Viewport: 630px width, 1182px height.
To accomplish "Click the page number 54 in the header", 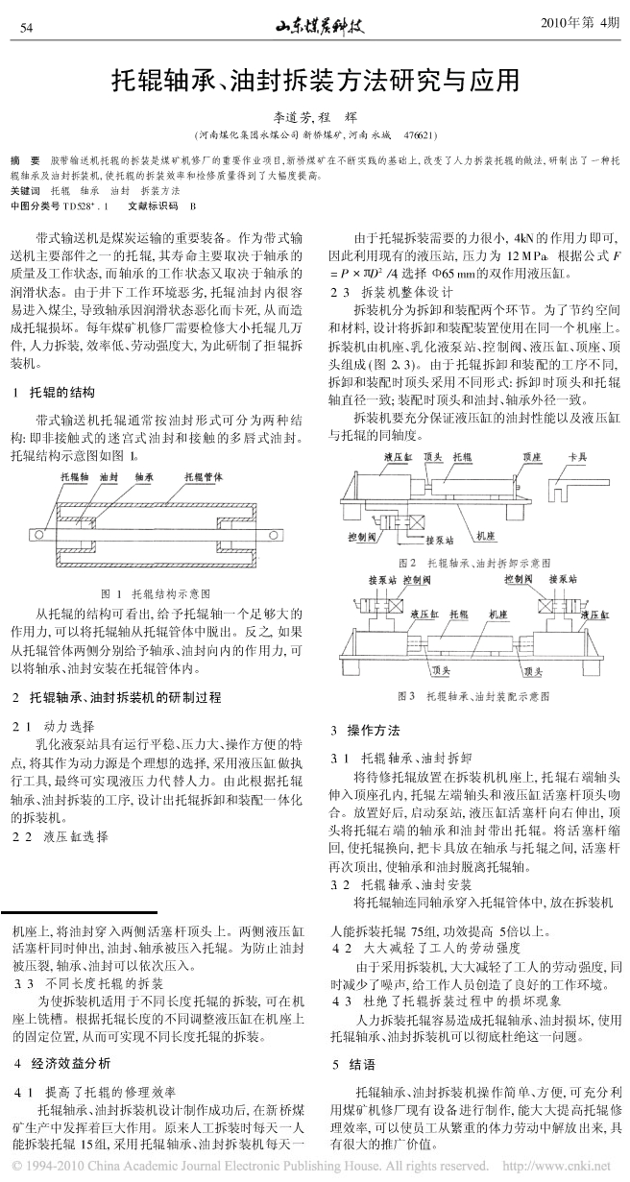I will (26, 26).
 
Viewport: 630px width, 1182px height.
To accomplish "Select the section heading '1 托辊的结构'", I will (57, 392).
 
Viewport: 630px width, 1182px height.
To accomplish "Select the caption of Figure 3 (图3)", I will (473, 694).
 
